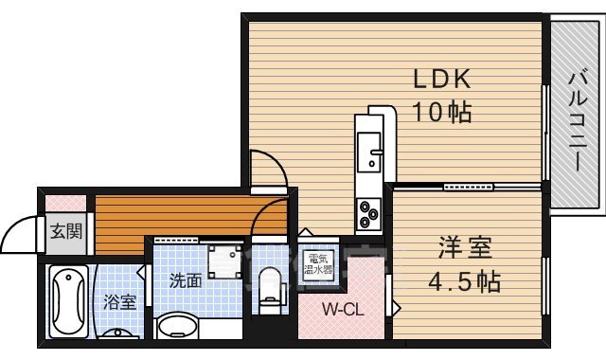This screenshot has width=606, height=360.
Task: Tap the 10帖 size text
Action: pyautogui.click(x=440, y=113)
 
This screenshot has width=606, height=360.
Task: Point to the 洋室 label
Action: pyautogui.click(x=464, y=250)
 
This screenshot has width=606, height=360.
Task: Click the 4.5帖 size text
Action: pyautogui.click(x=464, y=281)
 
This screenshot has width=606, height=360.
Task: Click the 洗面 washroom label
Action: pyautogui.click(x=186, y=280)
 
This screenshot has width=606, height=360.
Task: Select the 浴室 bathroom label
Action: pyautogui.click(x=119, y=302)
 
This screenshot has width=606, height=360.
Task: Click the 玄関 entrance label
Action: pyautogui.click(x=64, y=230)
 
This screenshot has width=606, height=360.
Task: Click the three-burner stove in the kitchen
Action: pyautogui.click(x=367, y=215)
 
